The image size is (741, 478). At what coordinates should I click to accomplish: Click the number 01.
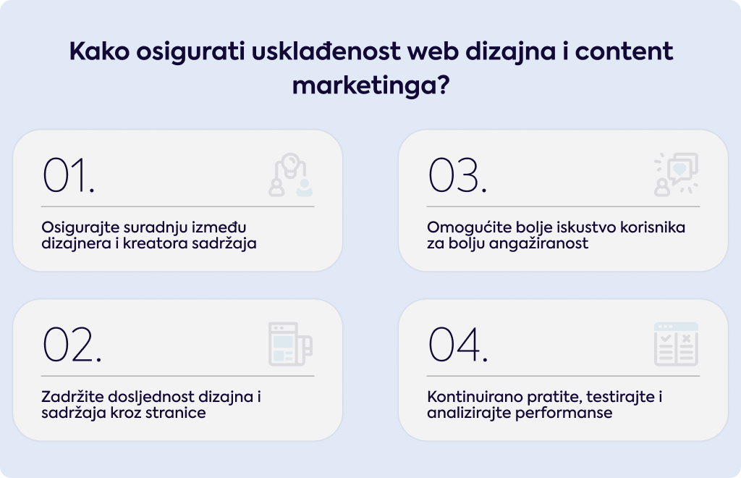pyautogui.click(x=69, y=175)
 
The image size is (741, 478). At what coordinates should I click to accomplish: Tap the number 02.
pyautogui.click(x=72, y=344)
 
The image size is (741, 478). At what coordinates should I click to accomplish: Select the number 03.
pyautogui.click(x=457, y=175)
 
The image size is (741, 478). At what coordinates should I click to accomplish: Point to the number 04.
pyautogui.click(x=457, y=344)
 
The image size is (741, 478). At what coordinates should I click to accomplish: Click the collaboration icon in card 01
pyautogui.click(x=291, y=175)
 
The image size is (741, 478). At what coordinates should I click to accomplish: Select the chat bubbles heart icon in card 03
pyautogui.click(x=677, y=175)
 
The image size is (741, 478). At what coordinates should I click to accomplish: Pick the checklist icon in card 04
pyautogui.click(x=677, y=344)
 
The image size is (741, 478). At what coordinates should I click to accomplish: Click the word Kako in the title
pyautogui.click(x=99, y=51)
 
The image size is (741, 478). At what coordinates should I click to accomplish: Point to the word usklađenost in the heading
pyautogui.click(x=326, y=51)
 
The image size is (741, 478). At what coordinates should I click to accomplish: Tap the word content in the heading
pyautogui.click(x=624, y=51)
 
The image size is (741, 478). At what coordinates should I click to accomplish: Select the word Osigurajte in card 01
pyautogui.click(x=81, y=227)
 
